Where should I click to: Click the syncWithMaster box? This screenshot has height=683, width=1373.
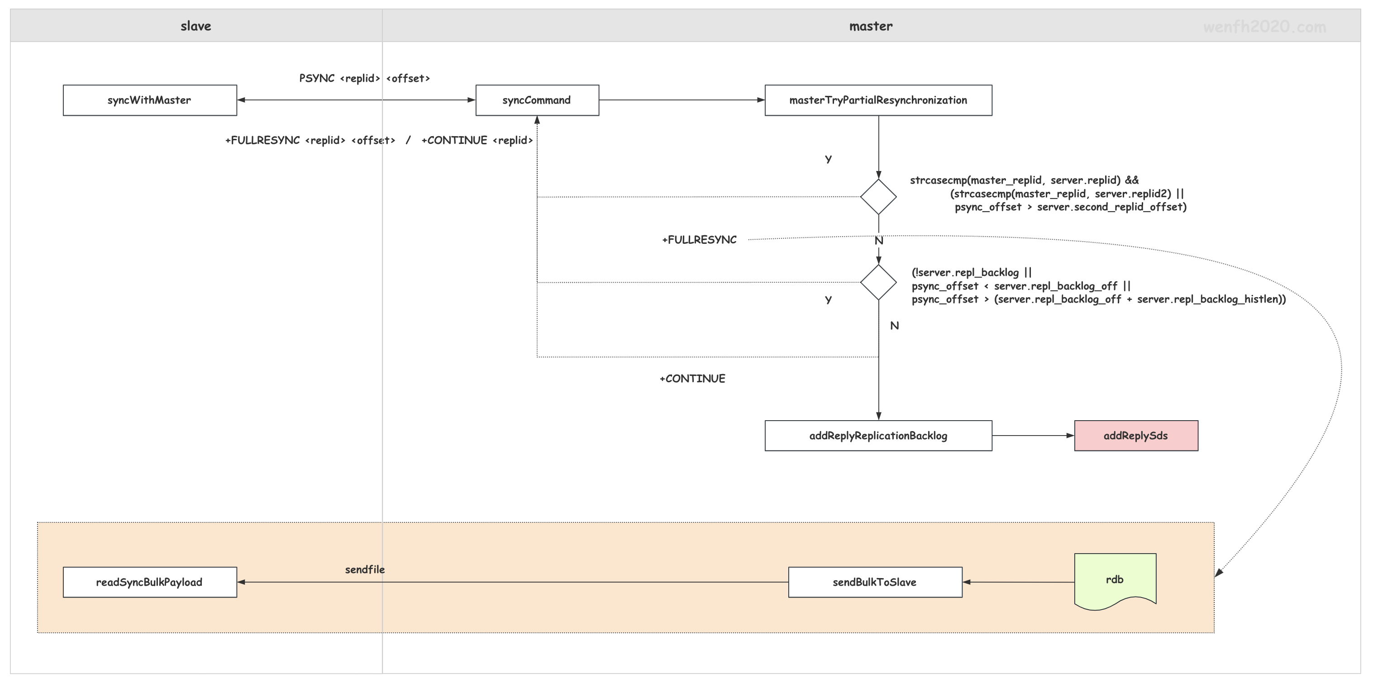[150, 100]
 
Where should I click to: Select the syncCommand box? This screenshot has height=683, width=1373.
[537, 100]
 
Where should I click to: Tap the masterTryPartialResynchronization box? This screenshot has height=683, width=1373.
[878, 100]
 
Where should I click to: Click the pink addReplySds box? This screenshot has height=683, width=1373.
[1136, 436]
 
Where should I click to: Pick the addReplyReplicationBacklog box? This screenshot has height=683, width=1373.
[878, 436]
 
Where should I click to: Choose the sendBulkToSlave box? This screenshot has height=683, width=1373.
[875, 582]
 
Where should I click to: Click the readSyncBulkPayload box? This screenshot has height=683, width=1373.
[150, 582]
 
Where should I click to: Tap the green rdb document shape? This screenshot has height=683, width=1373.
[1115, 581]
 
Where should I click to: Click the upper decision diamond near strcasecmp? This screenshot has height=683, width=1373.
[878, 197]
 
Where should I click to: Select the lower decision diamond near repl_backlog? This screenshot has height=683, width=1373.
[878, 282]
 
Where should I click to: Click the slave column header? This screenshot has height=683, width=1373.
[196, 26]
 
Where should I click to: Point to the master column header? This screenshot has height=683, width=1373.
[871, 26]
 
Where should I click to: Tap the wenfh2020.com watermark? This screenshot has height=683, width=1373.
[1264, 27]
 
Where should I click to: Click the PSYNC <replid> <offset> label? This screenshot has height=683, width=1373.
[365, 78]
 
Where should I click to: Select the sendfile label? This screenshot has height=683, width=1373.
[365, 569]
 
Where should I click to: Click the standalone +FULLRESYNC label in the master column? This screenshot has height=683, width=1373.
[699, 240]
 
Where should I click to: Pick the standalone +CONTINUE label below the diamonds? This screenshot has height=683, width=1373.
[692, 379]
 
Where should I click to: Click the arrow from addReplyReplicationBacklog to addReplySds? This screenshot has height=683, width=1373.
[1033, 436]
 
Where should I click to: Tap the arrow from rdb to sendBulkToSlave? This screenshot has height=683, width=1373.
[1019, 582]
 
